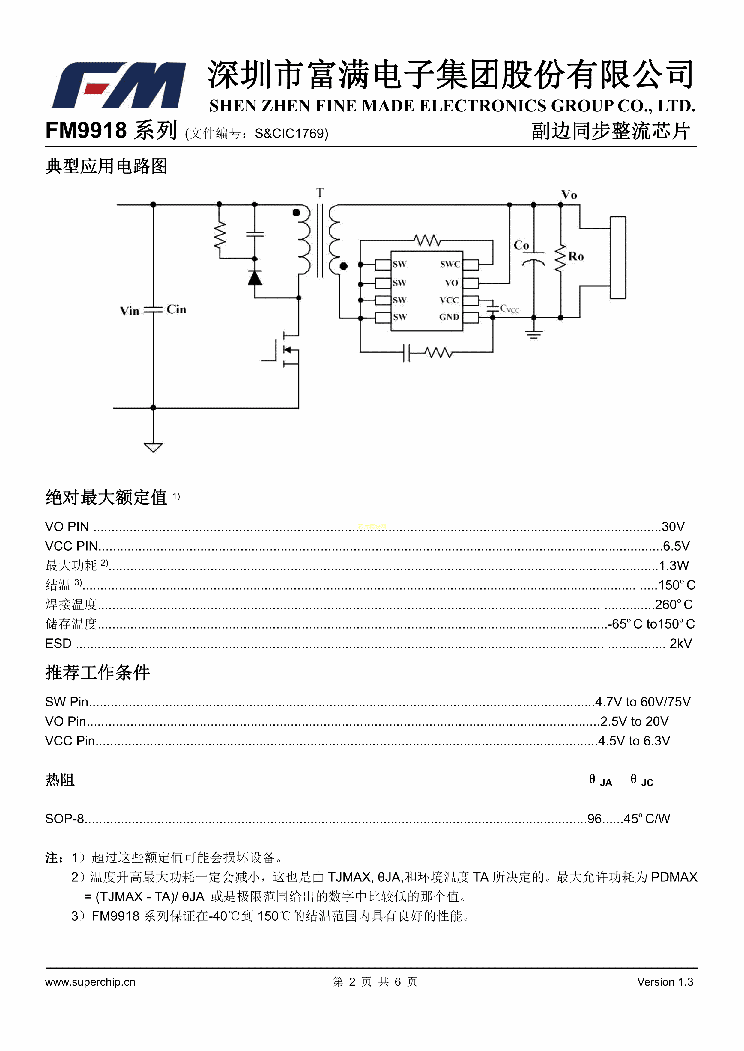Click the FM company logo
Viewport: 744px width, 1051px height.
pyautogui.click(x=119, y=85)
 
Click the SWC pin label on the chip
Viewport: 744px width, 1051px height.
pyautogui.click(x=450, y=264)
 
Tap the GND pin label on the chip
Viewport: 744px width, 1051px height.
pyautogui.click(x=449, y=317)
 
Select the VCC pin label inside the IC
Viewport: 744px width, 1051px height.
pyautogui.click(x=449, y=300)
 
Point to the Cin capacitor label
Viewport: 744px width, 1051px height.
pyautogui.click(x=176, y=309)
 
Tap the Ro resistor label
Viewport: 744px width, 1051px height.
pyautogui.click(x=576, y=256)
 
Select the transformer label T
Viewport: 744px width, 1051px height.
pyautogui.click(x=320, y=193)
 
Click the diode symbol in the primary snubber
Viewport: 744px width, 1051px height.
pyautogui.click(x=255, y=278)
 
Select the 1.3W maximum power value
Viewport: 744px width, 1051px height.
pyautogui.click(x=674, y=565)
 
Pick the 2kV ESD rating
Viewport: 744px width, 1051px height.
pyautogui.click(x=680, y=643)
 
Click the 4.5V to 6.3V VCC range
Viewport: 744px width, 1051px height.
pyautogui.click(x=634, y=741)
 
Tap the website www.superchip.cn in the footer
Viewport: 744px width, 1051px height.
pyautogui.click(x=90, y=981)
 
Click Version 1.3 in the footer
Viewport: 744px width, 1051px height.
pyautogui.click(x=665, y=981)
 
